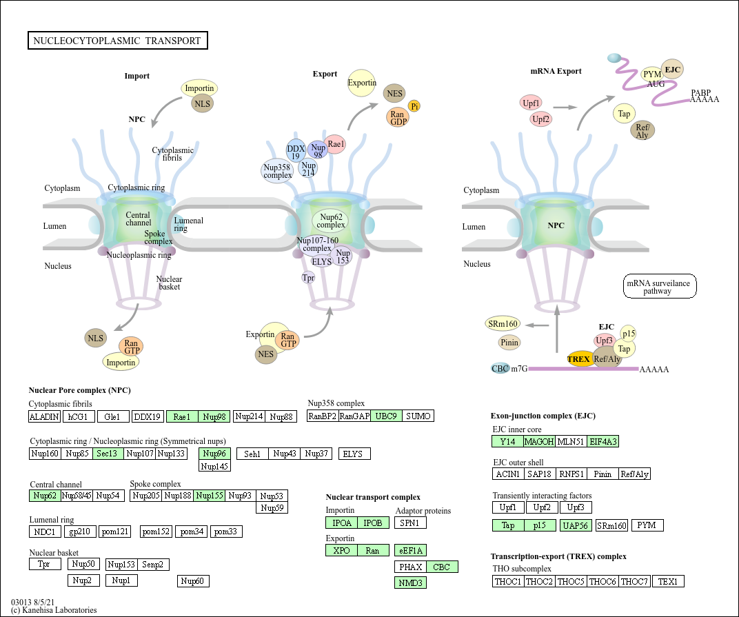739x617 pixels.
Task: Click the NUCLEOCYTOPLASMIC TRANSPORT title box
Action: click(x=117, y=41)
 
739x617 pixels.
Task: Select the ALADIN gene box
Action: click(x=44, y=416)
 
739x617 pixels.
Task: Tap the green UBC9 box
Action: click(x=386, y=416)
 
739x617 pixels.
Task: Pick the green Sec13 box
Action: click(x=108, y=454)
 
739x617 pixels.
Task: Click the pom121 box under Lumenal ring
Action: click(x=115, y=532)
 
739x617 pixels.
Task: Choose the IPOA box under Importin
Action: click(x=341, y=523)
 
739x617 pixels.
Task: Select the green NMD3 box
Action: click(x=410, y=583)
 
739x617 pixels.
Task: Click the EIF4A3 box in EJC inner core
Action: click(x=603, y=442)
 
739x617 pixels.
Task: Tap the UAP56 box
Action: click(x=576, y=525)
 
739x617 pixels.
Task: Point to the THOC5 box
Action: click(x=571, y=582)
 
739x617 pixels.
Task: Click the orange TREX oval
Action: click(x=579, y=359)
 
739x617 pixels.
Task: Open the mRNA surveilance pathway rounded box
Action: click(x=659, y=286)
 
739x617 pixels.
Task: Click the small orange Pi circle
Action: click(x=414, y=106)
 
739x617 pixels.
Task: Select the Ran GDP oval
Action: click(x=398, y=117)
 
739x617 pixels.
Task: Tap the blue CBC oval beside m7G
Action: click(x=500, y=369)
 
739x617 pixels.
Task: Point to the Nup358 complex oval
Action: click(x=277, y=171)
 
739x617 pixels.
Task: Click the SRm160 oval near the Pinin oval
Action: click(x=503, y=324)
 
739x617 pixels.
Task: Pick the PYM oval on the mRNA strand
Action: click(x=652, y=74)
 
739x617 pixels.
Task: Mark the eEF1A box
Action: click(x=410, y=551)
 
